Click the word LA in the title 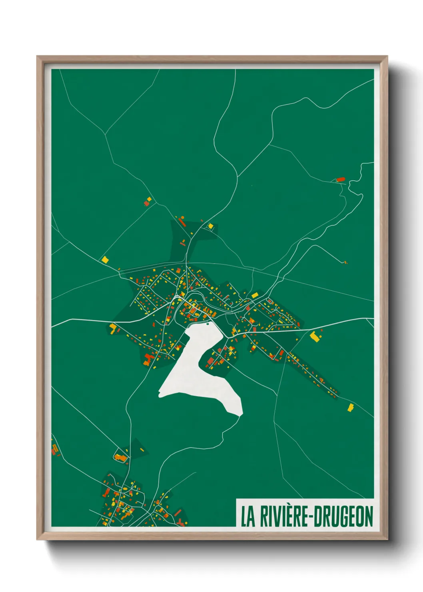click(x=247, y=516)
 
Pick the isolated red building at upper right click(x=341, y=180)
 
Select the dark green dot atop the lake click(x=208, y=324)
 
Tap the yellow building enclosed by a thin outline click(x=210, y=226)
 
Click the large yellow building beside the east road click(x=316, y=336)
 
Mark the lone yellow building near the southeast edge click(x=351, y=407)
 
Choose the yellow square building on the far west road click(x=105, y=259)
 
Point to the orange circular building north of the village click(x=183, y=217)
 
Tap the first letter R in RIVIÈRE click(x=264, y=516)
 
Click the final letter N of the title click(x=369, y=516)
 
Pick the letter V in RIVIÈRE click(x=278, y=516)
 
